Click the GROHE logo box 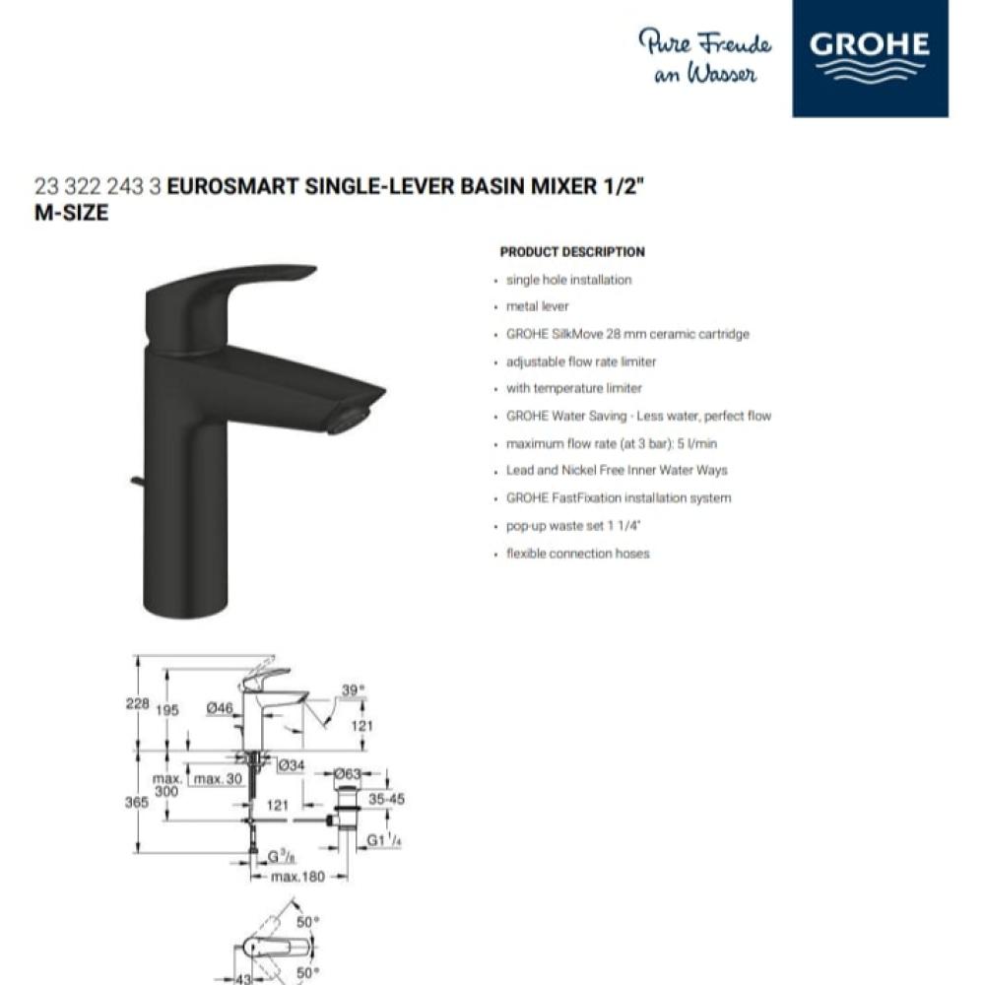pyautogui.click(x=870, y=58)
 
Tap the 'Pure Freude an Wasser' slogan pyautogui.click(x=705, y=57)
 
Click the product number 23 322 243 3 pyautogui.click(x=98, y=187)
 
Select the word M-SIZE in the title pyautogui.click(x=71, y=211)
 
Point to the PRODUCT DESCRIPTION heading pyautogui.click(x=572, y=252)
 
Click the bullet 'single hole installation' pyautogui.click(x=568, y=280)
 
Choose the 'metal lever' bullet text pyautogui.click(x=537, y=306)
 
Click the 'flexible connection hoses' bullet pyautogui.click(x=577, y=554)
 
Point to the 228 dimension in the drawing pyautogui.click(x=138, y=704)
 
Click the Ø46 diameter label pyautogui.click(x=219, y=707)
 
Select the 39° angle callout pyautogui.click(x=354, y=690)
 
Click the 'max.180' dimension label pyautogui.click(x=297, y=877)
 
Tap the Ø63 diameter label pyautogui.click(x=348, y=775)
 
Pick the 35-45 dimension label pyautogui.click(x=384, y=800)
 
